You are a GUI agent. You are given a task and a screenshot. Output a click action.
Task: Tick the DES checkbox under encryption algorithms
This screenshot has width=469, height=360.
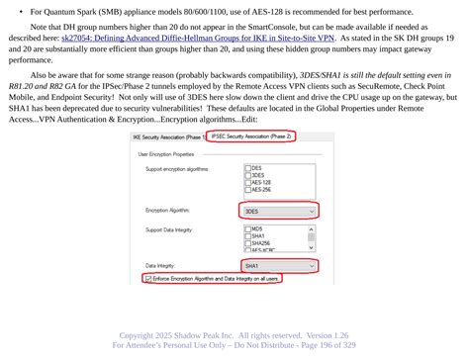248,168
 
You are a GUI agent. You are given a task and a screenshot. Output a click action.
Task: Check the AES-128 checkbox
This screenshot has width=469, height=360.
248,182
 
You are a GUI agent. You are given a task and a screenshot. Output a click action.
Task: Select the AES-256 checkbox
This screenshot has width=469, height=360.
248,189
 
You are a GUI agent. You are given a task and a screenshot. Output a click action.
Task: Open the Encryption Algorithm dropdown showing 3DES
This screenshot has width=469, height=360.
280,211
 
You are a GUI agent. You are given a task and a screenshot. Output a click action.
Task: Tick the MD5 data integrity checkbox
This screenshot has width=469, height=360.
248,229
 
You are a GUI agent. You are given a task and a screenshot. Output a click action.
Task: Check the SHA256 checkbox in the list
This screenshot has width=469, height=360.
248,242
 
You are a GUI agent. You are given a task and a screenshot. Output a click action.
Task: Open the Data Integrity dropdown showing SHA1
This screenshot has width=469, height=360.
280,267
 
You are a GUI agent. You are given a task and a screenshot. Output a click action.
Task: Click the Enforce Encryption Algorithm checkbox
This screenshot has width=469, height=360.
149,280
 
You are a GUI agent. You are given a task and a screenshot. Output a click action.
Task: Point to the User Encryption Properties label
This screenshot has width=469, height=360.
165,155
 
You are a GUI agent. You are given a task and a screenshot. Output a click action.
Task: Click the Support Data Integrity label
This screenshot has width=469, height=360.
170,230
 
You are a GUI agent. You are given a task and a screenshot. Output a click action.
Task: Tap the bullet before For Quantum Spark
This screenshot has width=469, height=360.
21,10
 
